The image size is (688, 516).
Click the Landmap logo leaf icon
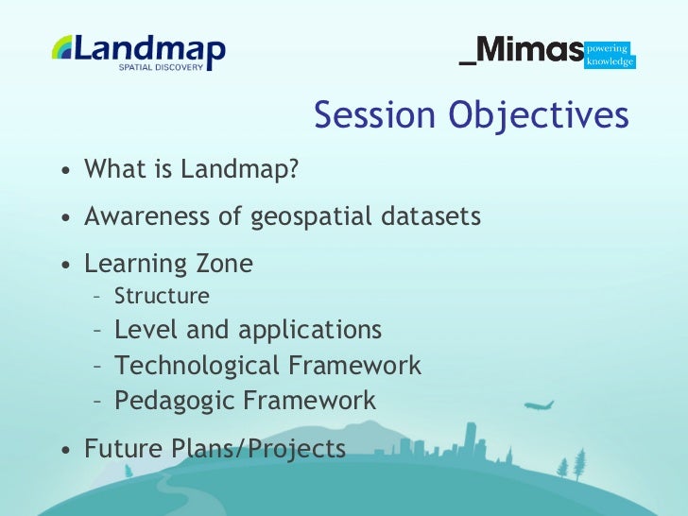tap(62, 47)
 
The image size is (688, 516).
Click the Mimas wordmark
tap(522, 50)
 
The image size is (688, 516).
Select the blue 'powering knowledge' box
tap(610, 55)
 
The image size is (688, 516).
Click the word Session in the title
tap(374, 115)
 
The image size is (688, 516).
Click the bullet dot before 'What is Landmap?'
tap(64, 172)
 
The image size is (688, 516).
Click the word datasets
tap(436, 216)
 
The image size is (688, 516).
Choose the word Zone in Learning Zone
tap(222, 264)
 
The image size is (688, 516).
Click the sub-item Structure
tap(162, 297)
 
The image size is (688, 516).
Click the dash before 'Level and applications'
tap(97, 331)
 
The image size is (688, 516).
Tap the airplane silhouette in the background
tap(540, 405)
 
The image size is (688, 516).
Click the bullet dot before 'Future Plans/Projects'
tap(64, 451)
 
